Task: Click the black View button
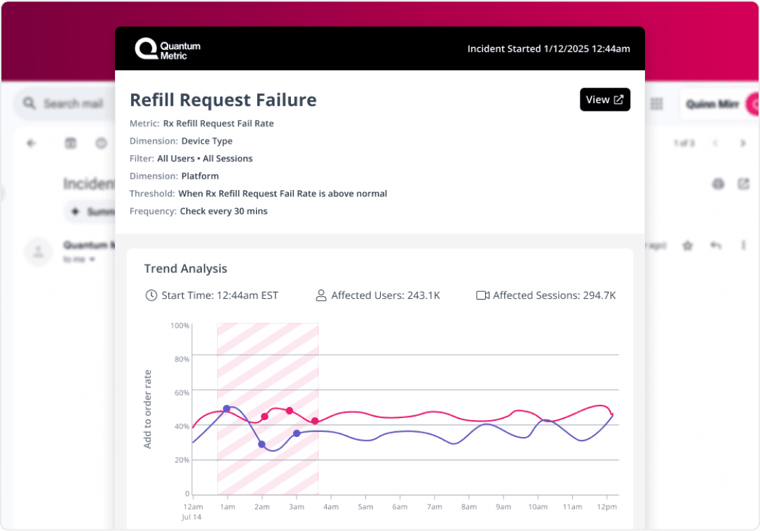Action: tap(604, 100)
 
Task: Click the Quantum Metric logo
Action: tap(168, 49)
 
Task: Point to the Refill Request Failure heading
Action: tap(223, 100)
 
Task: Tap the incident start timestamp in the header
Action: tap(548, 49)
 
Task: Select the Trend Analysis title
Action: tap(185, 269)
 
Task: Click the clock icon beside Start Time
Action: tap(151, 295)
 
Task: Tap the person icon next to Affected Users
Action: tap(321, 295)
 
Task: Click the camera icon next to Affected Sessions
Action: tap(482, 295)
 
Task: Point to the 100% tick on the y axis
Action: tap(180, 325)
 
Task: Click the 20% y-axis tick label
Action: tap(182, 460)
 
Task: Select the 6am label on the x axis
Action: tap(400, 506)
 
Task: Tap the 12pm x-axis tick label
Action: tap(606, 506)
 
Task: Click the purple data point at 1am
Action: tap(226, 408)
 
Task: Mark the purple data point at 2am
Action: tap(262, 444)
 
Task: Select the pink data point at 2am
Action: tap(264, 417)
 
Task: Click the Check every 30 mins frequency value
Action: tap(224, 211)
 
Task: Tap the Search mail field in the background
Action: tap(70, 104)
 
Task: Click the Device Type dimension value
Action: tap(207, 141)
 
